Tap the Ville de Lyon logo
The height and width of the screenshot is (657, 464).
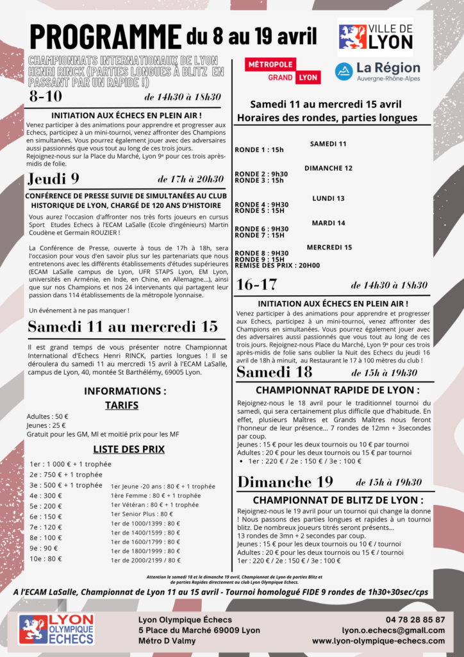tap(375, 37)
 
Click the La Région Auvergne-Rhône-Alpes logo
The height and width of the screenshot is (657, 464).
tap(377, 71)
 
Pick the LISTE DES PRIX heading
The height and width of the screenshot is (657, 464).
tap(125, 448)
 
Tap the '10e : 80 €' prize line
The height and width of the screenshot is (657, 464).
tap(46, 558)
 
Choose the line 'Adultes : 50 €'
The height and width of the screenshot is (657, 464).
tap(49, 416)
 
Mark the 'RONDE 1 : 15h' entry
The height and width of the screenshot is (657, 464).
tap(260, 149)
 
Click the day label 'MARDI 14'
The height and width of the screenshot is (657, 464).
tap(328, 223)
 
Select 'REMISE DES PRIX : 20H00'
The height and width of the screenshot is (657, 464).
tap(278, 265)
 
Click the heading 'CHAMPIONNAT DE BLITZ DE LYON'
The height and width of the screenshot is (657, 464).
tap(338, 500)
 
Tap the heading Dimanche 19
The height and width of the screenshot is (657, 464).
tap(285, 482)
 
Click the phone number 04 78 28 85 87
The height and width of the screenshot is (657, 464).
tap(415, 620)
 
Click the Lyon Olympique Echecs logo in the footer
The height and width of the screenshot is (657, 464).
tap(56, 629)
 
